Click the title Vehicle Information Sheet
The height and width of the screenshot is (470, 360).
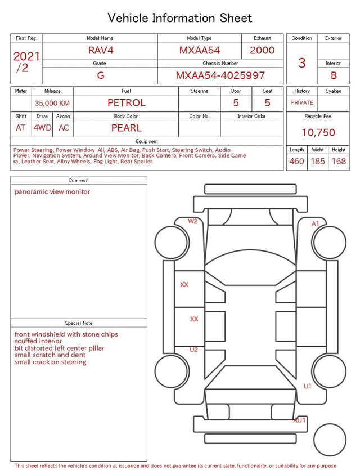click(180, 18)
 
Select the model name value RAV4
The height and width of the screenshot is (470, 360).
click(101, 50)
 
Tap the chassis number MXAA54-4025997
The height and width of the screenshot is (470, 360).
click(220, 75)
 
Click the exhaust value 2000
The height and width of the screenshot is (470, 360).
click(262, 50)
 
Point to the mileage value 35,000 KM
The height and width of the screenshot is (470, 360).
click(52, 104)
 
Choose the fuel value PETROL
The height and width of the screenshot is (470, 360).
click(127, 103)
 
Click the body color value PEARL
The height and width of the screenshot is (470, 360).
click(127, 128)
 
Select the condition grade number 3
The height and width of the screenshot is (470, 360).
click(302, 63)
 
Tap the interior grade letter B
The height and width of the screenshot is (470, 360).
click(334, 75)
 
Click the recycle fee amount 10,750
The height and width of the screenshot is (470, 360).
click(318, 133)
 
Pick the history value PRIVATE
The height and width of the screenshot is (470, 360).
click(302, 103)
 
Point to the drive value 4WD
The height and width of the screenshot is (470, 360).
click(42, 128)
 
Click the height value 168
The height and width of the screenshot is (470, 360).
click(339, 162)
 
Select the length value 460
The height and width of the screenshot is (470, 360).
click(296, 162)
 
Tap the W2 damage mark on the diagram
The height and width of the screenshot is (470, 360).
click(193, 221)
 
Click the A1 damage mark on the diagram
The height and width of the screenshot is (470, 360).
click(316, 223)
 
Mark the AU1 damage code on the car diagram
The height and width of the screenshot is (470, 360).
click(299, 420)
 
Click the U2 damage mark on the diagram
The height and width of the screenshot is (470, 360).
click(193, 350)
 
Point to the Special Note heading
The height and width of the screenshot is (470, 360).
click(79, 323)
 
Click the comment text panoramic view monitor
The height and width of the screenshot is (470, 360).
click(52, 192)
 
